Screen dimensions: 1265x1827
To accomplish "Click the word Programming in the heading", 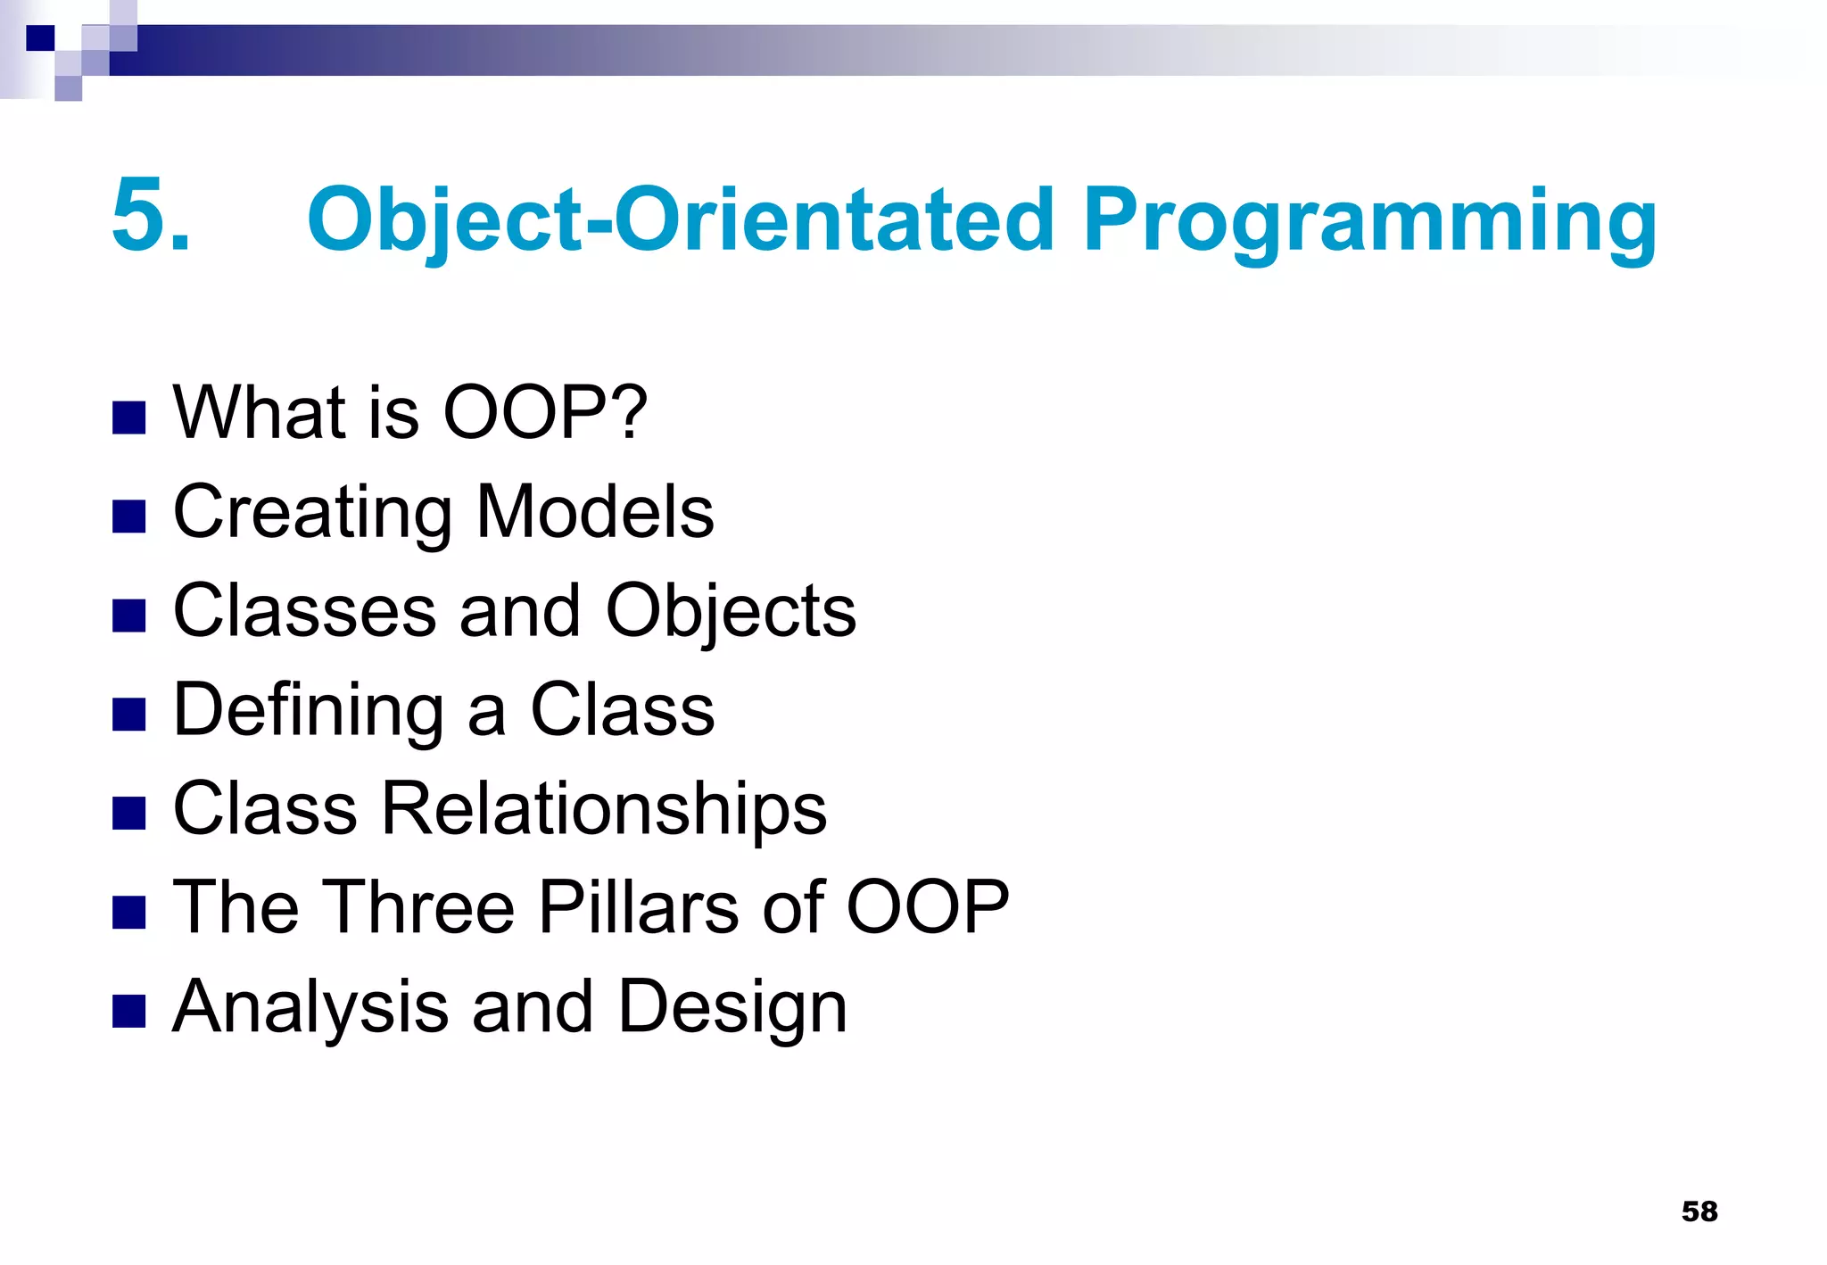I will click(x=1369, y=220).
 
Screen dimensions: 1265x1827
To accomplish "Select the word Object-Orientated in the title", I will click(x=681, y=220).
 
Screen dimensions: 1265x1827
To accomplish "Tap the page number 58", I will click(x=1699, y=1211).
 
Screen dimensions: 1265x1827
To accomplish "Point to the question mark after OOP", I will click(x=631, y=412).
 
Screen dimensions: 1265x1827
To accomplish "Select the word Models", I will click(x=595, y=512).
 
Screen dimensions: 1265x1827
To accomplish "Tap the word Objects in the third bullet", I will click(x=731, y=613).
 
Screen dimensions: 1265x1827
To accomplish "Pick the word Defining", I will click(x=308, y=712).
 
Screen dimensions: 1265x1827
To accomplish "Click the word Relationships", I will click(x=604, y=810).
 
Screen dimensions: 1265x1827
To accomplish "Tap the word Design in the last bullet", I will click(x=732, y=1008).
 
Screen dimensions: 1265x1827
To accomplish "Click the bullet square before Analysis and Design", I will click(x=129, y=1012).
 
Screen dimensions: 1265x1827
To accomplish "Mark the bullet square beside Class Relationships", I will click(x=129, y=813).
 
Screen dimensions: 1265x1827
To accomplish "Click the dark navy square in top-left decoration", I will click(x=40, y=38).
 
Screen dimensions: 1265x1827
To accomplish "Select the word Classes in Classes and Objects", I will click(x=304, y=611).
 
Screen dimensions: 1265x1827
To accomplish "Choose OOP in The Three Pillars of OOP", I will click(x=927, y=908).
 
